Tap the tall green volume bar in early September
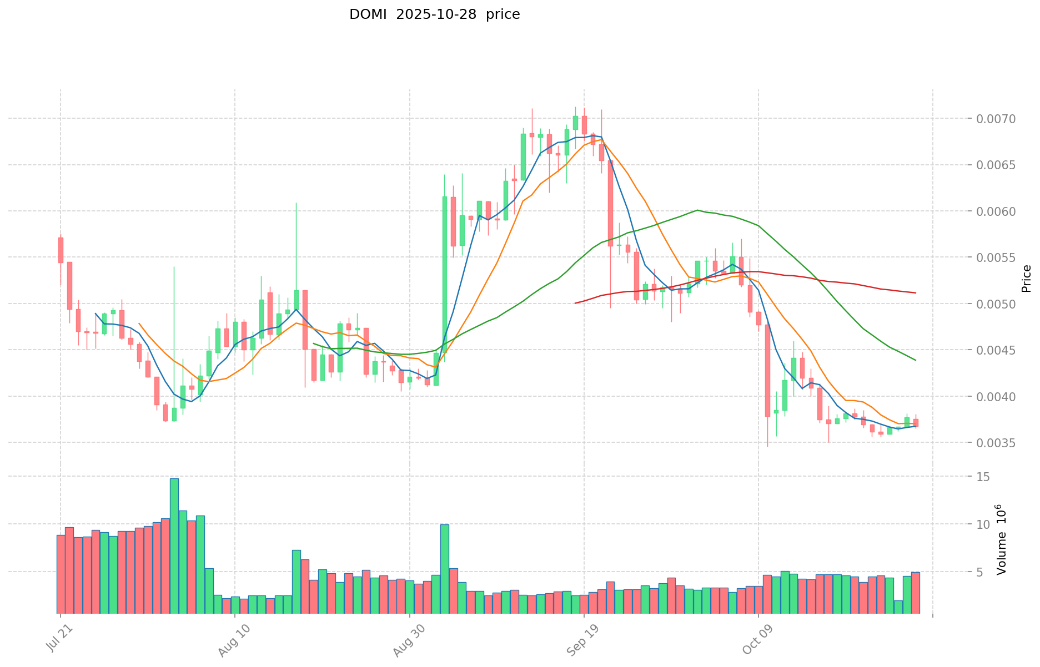445,568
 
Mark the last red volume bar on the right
915,593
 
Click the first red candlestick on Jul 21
61,250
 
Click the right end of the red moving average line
915,292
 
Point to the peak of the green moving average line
697,210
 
